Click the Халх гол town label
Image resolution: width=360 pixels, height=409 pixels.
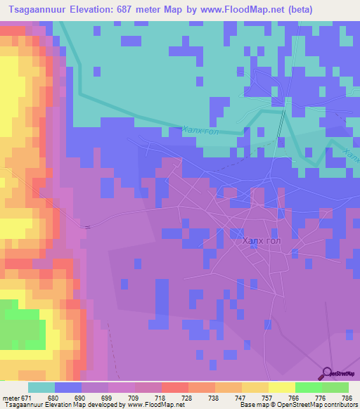point(262,241)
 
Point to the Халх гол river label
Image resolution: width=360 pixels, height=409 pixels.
point(201,131)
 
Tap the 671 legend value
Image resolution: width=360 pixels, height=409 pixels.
point(27,397)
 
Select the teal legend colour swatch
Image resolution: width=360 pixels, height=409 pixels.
point(41,387)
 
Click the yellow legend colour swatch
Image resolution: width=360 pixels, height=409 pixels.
point(281,387)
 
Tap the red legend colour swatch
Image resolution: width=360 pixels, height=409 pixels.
point(174,387)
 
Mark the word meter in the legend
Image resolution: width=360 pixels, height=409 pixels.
point(11,397)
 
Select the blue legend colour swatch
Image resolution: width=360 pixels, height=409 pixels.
point(67,387)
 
